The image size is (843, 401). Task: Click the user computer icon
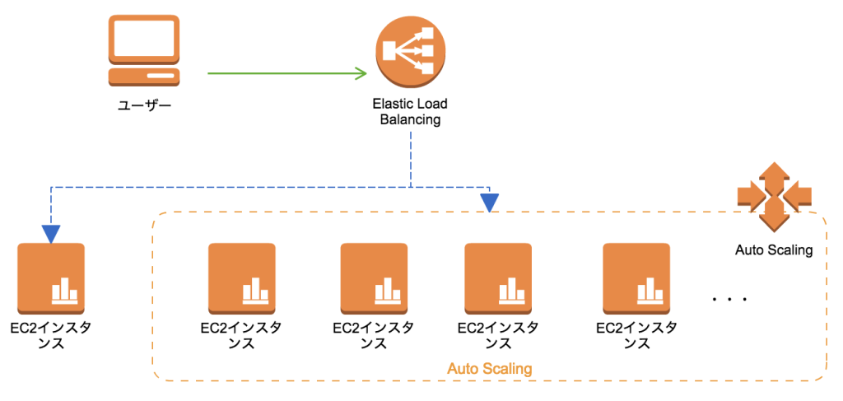click(x=144, y=50)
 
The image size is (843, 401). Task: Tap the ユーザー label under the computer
click(x=144, y=105)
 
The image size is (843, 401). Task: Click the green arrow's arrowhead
click(x=361, y=73)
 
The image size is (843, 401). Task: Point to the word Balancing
click(x=410, y=119)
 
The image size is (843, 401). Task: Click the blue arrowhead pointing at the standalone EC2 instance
click(x=51, y=235)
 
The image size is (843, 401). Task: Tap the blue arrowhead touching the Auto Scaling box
click(x=490, y=202)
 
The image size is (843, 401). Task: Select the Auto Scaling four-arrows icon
click(x=774, y=195)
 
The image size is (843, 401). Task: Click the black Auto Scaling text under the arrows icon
click(x=774, y=250)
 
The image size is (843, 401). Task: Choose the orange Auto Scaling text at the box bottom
click(x=489, y=368)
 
